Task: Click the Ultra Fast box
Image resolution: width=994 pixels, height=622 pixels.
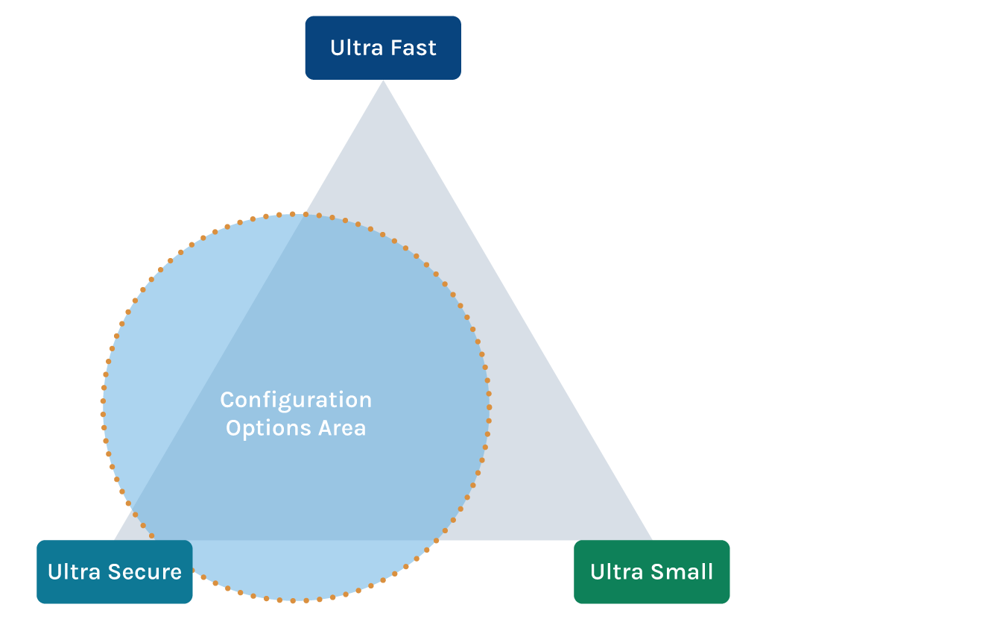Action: [383, 48]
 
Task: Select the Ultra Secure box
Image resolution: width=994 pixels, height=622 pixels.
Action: [115, 572]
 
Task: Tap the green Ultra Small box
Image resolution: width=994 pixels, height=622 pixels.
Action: [652, 572]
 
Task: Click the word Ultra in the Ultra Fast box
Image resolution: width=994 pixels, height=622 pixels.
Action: [352, 48]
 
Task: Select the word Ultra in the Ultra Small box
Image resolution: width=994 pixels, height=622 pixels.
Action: [615, 572]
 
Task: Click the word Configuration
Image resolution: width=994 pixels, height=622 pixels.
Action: [296, 400]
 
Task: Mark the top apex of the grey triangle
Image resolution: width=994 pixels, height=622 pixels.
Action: [383, 81]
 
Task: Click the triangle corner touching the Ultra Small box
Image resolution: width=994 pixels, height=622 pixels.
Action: [651, 539]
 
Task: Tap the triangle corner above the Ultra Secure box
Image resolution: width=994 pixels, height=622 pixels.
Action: [116, 538]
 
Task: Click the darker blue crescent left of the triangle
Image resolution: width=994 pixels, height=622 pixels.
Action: [179, 336]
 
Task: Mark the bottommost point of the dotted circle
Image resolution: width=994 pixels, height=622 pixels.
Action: [296, 600]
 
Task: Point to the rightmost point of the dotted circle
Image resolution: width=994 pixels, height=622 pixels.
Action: [490, 406]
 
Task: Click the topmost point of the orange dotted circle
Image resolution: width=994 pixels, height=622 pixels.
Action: [296, 214]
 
